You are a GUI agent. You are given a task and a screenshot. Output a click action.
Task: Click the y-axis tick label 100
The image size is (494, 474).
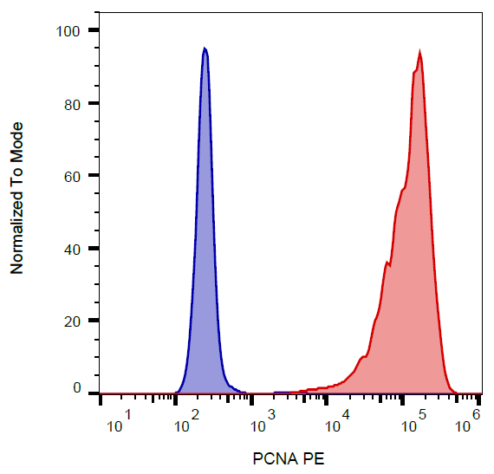pos(67,31)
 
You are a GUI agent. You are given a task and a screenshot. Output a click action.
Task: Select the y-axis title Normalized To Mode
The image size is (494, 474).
pos(16,198)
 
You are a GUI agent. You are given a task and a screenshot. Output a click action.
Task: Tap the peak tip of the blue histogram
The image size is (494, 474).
pos(205,49)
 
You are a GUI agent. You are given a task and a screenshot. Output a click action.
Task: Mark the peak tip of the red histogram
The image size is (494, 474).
pos(420,53)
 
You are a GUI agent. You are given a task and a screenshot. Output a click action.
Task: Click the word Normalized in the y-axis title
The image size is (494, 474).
pos(16,233)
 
